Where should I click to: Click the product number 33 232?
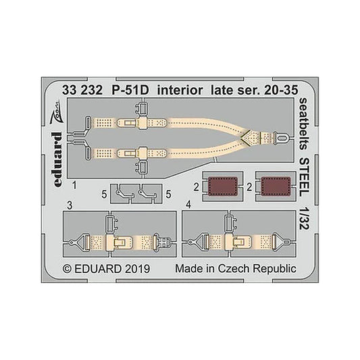click(x=82, y=91)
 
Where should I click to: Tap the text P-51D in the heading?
click(x=130, y=91)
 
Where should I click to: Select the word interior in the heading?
click(x=180, y=91)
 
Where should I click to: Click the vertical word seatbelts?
click(x=305, y=124)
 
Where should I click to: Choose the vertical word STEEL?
click(x=305, y=178)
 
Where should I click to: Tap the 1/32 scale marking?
click(x=305, y=220)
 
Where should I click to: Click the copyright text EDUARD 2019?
click(x=107, y=269)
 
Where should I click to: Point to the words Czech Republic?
click(x=257, y=269)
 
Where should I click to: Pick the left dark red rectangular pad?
click(x=222, y=186)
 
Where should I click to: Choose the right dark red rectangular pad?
click(x=276, y=186)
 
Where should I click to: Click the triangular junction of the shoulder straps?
click(x=249, y=138)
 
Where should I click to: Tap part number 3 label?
click(x=70, y=205)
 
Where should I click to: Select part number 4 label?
click(x=188, y=205)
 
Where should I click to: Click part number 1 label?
click(x=74, y=185)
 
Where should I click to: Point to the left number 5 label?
click(x=104, y=195)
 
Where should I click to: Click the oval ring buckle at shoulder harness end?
click(x=281, y=138)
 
